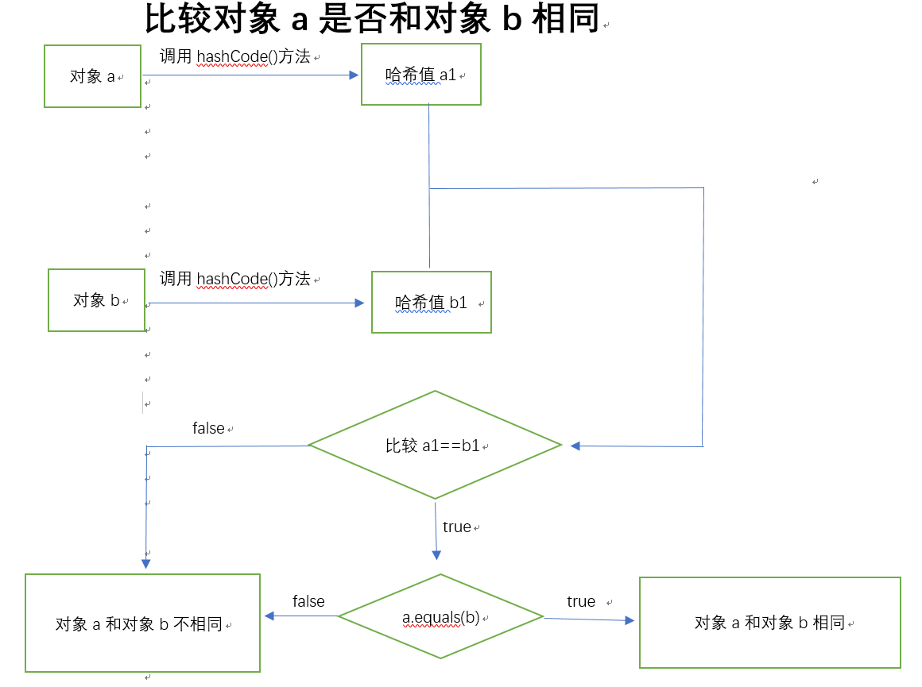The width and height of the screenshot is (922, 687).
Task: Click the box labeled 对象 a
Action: click(x=92, y=76)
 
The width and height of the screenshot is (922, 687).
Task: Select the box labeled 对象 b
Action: click(x=96, y=300)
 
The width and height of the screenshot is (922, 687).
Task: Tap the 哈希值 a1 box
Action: click(x=420, y=75)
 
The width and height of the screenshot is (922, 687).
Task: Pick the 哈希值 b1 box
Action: click(x=431, y=303)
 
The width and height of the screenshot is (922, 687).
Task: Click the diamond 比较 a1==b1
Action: click(x=435, y=446)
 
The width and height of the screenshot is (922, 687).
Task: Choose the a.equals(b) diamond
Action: click(x=440, y=617)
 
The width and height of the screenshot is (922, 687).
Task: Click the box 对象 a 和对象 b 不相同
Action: click(x=142, y=623)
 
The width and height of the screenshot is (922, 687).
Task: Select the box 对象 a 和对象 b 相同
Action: click(x=769, y=623)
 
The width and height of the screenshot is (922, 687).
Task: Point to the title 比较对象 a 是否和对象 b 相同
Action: click(x=372, y=19)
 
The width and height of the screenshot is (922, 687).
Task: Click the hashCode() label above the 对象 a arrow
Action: click(x=234, y=56)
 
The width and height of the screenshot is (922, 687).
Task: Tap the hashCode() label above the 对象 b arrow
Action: click(x=234, y=279)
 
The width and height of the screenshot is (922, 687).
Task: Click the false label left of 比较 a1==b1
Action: click(x=208, y=429)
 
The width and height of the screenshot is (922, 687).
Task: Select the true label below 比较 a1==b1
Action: click(x=457, y=527)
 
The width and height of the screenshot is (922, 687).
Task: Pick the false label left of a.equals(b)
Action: click(x=308, y=601)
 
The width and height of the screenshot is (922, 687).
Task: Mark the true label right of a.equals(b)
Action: click(x=581, y=601)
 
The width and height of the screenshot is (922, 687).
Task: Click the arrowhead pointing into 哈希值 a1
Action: click(x=355, y=75)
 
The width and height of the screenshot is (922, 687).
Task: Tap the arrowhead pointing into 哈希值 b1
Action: click(x=359, y=303)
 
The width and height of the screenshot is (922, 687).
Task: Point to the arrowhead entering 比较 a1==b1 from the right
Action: click(x=575, y=446)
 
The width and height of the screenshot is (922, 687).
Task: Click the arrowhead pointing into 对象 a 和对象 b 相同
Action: click(x=630, y=620)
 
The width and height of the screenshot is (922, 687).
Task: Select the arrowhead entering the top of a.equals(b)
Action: click(x=436, y=555)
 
